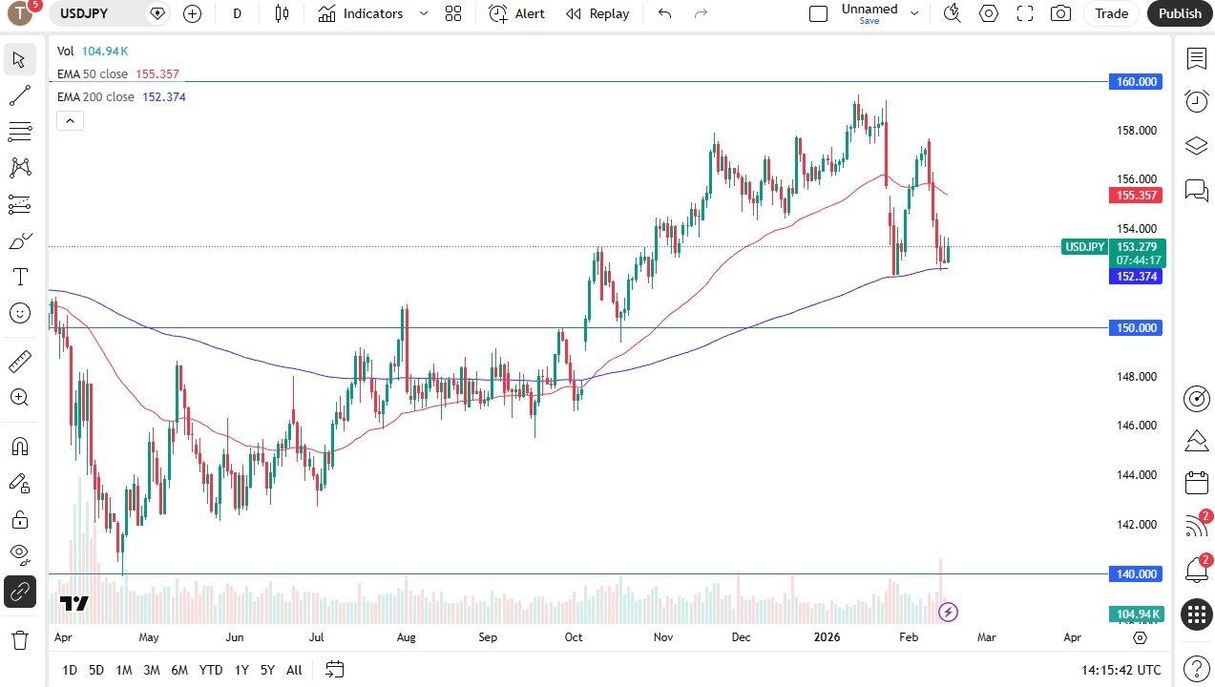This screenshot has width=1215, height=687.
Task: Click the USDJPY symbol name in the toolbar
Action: (x=84, y=13)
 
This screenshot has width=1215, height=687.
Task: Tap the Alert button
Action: (x=517, y=13)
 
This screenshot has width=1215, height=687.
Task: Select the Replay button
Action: (x=597, y=13)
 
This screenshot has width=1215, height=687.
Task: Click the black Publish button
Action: (x=1180, y=13)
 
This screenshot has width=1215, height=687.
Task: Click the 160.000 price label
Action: (x=1137, y=82)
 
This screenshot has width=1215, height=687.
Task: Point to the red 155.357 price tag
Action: (x=1136, y=196)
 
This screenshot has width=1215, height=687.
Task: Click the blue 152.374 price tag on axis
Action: (x=1136, y=277)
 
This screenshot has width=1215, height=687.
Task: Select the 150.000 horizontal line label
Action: (x=1137, y=328)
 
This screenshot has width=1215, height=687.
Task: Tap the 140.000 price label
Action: (x=1137, y=574)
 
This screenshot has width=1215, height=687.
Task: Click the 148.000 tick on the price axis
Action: (x=1137, y=377)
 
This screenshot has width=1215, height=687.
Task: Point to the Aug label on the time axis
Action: (x=406, y=637)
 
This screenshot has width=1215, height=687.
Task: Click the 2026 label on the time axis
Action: (x=827, y=637)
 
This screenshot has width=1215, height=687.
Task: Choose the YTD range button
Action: (x=211, y=670)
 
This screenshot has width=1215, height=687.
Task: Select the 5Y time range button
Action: (x=267, y=670)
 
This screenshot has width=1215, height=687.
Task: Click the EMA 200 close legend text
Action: (x=95, y=97)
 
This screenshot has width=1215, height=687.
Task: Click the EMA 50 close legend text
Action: (x=92, y=74)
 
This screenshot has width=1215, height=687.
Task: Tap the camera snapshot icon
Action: (x=1060, y=13)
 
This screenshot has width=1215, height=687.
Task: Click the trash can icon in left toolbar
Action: (x=19, y=639)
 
